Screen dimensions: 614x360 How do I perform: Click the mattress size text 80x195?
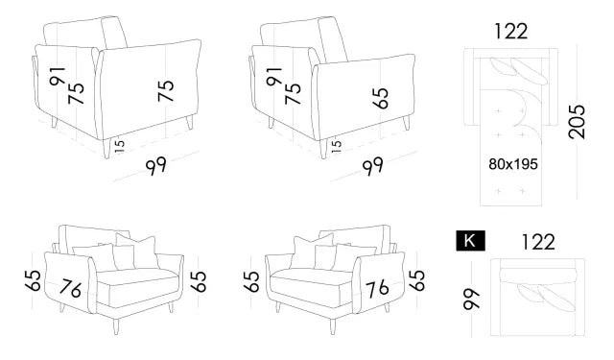tap(512, 164)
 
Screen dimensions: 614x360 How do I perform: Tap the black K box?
tap(470, 241)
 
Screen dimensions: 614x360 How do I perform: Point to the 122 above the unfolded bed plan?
tap(510, 31)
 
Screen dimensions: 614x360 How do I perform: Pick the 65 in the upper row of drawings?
tap(383, 97)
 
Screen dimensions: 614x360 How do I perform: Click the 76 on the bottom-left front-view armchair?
tap(69, 287)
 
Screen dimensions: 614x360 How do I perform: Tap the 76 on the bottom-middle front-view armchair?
tap(376, 287)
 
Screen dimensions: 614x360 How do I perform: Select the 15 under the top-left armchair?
tap(120, 145)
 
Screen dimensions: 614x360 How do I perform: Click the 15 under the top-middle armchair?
tap(335, 145)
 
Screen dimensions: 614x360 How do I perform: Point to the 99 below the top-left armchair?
tap(157, 166)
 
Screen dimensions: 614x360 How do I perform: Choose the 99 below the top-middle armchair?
tap(373, 166)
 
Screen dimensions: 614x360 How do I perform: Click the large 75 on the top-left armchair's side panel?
tap(167, 91)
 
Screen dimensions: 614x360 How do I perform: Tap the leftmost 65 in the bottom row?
tap(34, 281)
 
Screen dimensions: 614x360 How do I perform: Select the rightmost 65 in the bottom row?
tap(416, 281)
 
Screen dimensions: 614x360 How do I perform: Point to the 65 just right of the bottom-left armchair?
tap(199, 281)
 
